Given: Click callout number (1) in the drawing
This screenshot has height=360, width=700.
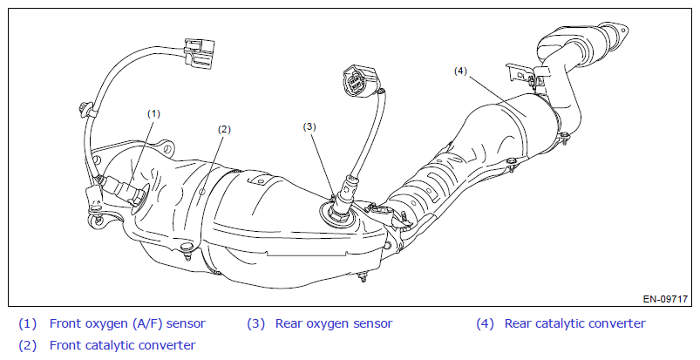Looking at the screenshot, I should point(154,113).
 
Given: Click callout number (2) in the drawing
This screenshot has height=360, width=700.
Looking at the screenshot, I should point(224,129).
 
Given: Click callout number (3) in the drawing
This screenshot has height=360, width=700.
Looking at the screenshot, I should point(309,126).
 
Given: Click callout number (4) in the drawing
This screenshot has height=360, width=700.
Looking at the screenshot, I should point(462,71).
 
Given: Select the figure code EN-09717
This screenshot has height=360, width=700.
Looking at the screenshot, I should point(666,299).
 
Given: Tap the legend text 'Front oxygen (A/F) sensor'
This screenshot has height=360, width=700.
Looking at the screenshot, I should point(127,323).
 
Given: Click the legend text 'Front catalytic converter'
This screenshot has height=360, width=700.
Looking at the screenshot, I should point(122,345).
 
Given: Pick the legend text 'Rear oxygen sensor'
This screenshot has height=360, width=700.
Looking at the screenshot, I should point(331,323).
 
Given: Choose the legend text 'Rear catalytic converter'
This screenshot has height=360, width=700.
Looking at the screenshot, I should point(574,323).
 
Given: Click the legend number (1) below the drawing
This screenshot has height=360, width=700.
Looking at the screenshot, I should point(28,323).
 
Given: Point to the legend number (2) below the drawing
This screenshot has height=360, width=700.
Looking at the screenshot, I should point(28,345).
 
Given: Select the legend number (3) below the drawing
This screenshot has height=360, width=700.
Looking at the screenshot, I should point(255,323).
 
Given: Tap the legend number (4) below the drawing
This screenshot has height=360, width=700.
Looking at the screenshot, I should point(485,323).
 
